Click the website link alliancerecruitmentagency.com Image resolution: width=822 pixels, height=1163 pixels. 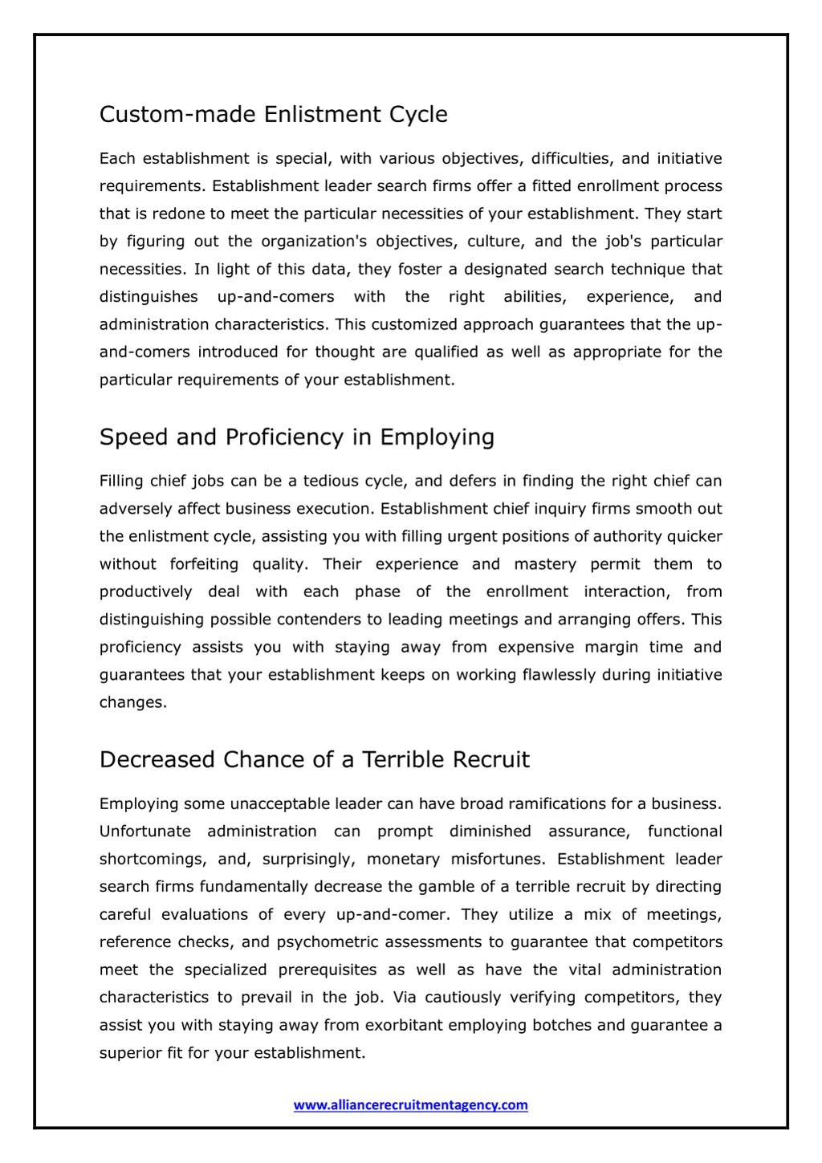(410, 1105)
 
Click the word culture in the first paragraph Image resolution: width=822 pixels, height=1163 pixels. (494, 242)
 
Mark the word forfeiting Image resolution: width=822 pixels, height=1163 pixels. (204, 564)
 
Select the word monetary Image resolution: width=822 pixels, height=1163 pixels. (403, 859)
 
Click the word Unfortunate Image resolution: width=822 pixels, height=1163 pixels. (145, 832)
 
